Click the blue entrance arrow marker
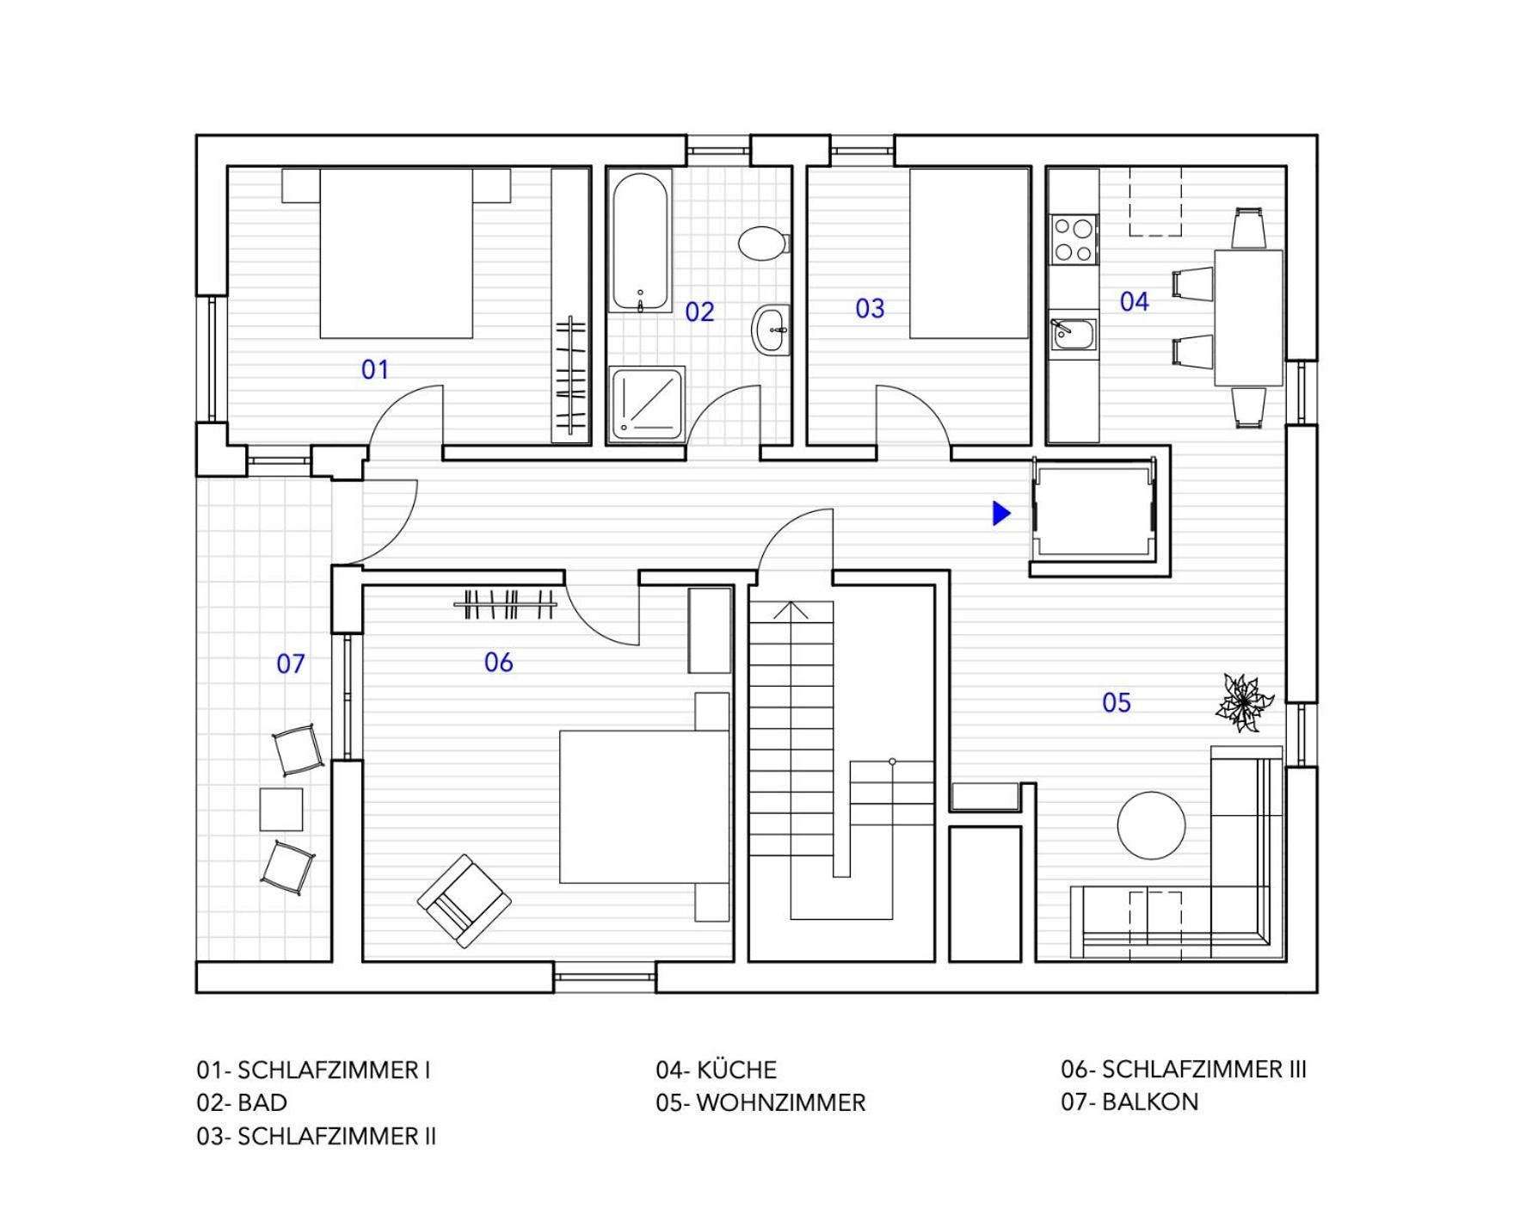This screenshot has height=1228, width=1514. click(x=1001, y=513)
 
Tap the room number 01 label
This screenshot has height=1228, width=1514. click(x=375, y=369)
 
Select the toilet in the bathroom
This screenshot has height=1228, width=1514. click(x=762, y=242)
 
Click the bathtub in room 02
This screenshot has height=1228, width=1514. click(x=640, y=243)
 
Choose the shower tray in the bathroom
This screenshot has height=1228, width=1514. click(x=646, y=404)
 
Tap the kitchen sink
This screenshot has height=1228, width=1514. click(x=1074, y=334)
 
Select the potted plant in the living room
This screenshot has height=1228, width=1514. click(x=1244, y=702)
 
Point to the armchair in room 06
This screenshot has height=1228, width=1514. click(x=465, y=901)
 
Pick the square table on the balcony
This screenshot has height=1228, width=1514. click(x=281, y=809)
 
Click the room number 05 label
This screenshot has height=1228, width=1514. click(x=1117, y=702)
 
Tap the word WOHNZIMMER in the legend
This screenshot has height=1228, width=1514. click(x=780, y=1102)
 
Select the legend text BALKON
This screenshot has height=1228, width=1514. click(x=1149, y=1101)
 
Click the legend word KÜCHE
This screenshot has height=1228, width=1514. click(x=736, y=1070)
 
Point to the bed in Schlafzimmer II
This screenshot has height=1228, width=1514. click(x=969, y=253)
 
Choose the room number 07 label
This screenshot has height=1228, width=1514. click(x=291, y=663)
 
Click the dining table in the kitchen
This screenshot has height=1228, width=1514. click(x=1248, y=318)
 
